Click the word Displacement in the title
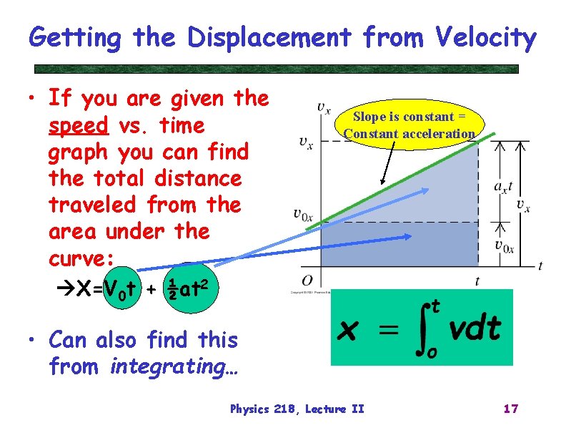[x=270, y=37]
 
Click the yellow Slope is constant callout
[x=409, y=125]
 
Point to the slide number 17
[x=510, y=409]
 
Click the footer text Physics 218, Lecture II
[x=297, y=409]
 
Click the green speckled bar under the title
[x=277, y=69]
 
